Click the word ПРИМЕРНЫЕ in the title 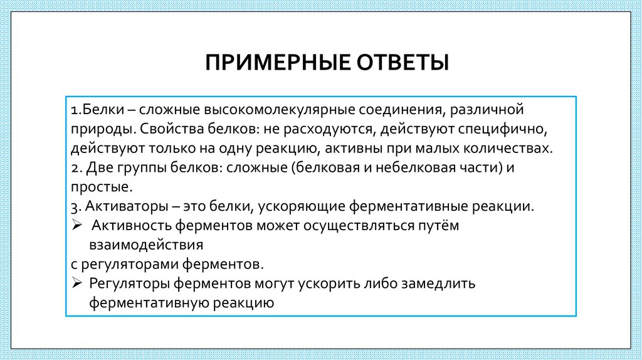coord(275,63)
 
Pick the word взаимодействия coord(147,245)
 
